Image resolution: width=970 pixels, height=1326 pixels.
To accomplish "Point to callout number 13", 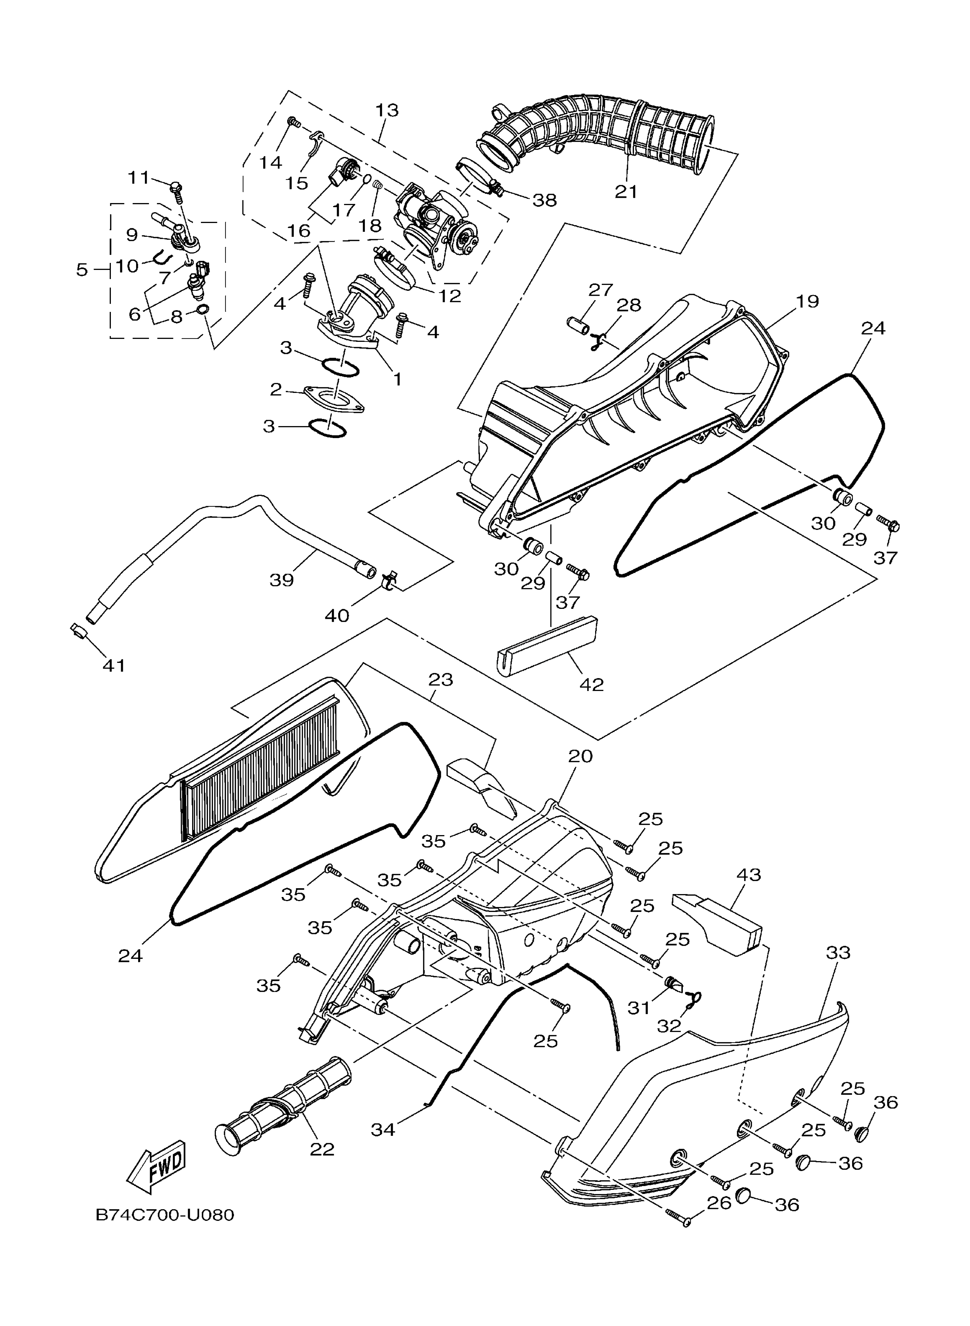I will point(387,110).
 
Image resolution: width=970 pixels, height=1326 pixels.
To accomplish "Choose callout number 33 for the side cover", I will point(838,952).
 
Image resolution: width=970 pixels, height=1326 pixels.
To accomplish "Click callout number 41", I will point(114,665).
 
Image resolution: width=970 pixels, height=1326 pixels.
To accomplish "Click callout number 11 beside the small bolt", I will point(139,177).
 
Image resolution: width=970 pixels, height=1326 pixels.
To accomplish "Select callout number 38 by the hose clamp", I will point(544,200).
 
